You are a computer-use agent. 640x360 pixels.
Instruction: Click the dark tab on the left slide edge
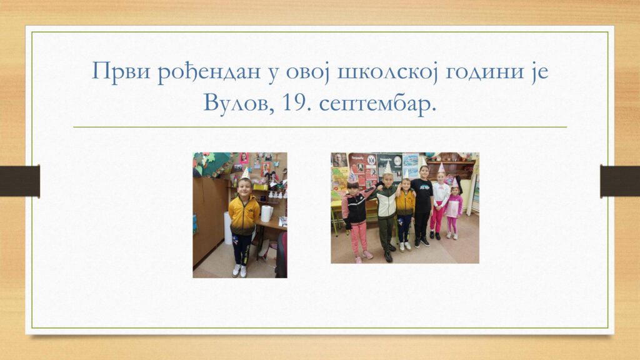(20, 181)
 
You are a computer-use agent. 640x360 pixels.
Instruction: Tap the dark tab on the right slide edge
(620, 181)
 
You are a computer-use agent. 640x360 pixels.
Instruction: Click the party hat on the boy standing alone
(245, 173)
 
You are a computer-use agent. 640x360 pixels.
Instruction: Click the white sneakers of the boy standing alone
(239, 271)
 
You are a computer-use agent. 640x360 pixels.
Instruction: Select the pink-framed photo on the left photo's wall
(244, 157)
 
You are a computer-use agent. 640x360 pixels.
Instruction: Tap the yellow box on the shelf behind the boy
(260, 187)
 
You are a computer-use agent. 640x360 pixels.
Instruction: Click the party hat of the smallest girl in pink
(454, 182)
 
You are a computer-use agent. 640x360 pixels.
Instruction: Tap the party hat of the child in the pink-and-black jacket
(352, 176)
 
